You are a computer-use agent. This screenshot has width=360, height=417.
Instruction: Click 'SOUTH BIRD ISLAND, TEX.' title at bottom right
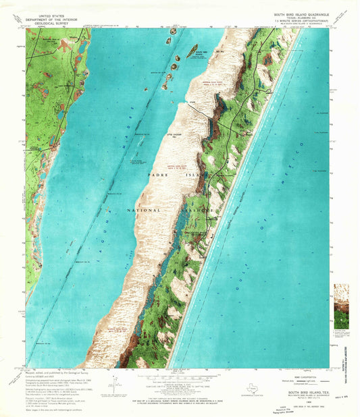(308, 391)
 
